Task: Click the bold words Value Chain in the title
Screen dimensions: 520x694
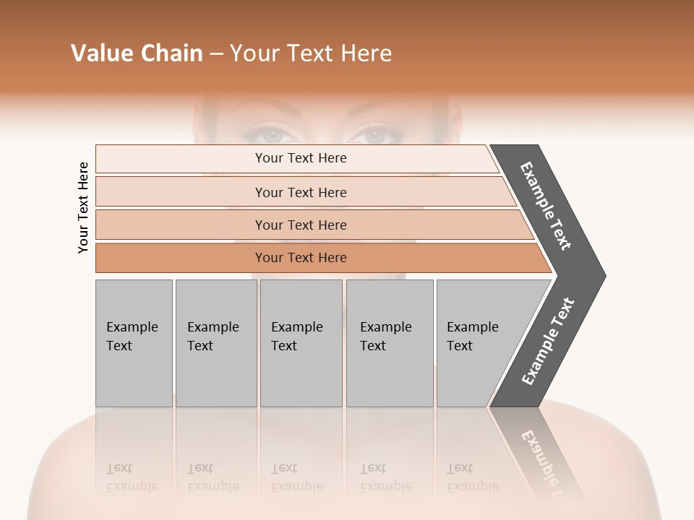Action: pyautogui.click(x=137, y=53)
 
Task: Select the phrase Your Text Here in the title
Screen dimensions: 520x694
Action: pyautogui.click(x=311, y=53)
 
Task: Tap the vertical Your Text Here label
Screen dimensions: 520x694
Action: pyautogui.click(x=83, y=207)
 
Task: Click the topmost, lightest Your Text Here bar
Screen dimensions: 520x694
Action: pyautogui.click(x=300, y=158)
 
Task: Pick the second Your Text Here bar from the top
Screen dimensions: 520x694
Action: pyautogui.click(x=300, y=192)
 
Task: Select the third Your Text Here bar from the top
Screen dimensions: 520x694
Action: pyautogui.click(x=300, y=225)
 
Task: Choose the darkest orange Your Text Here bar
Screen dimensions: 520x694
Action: pyautogui.click(x=300, y=258)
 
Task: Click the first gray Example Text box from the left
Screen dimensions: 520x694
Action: pyautogui.click(x=134, y=343)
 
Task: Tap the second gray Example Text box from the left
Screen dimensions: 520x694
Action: pyautogui.click(x=215, y=343)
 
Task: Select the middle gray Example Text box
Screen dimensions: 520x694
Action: pyautogui.click(x=301, y=343)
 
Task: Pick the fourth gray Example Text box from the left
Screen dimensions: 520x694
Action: pyautogui.click(x=389, y=343)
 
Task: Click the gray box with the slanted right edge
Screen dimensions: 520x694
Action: pyautogui.click(x=477, y=343)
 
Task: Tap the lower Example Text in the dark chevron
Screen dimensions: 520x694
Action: pyautogui.click(x=548, y=342)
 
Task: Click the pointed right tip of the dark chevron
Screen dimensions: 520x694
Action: pyautogui.click(x=601, y=276)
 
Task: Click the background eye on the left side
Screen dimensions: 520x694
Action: pyautogui.click(x=269, y=134)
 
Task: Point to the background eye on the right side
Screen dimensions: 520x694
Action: pyautogui.click(x=374, y=134)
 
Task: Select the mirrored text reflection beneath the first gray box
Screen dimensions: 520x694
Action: pyautogui.click(x=132, y=477)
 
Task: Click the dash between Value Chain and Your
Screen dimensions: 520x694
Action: pyautogui.click(x=216, y=54)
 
